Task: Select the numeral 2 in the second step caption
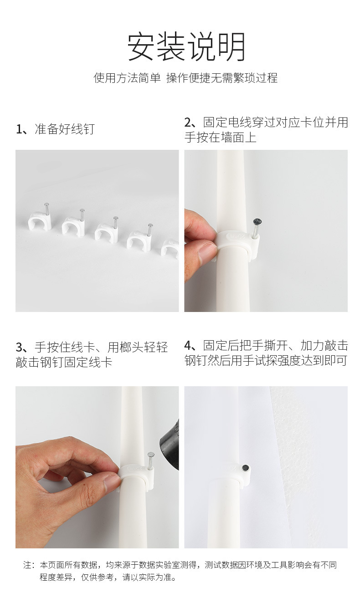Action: click(x=189, y=123)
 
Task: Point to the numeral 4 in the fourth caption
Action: click(x=189, y=345)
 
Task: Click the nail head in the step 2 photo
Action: click(x=257, y=222)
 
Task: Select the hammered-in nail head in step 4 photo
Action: click(x=246, y=467)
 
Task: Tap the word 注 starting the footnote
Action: click(x=27, y=565)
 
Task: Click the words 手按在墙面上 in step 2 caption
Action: click(x=220, y=138)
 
